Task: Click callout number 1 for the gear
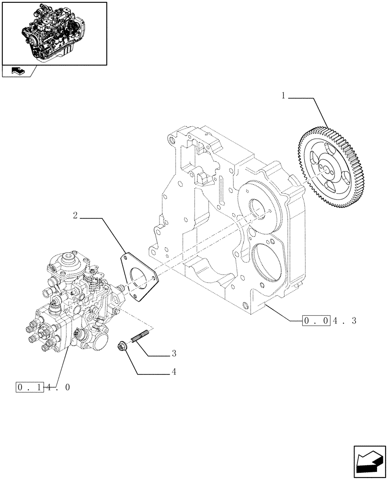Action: point(284,96)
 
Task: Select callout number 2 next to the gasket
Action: point(76,216)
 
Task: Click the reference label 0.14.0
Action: point(43,387)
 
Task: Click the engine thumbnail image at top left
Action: point(54,33)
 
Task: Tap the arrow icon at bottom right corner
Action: point(370,463)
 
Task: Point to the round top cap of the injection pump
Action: point(72,262)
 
